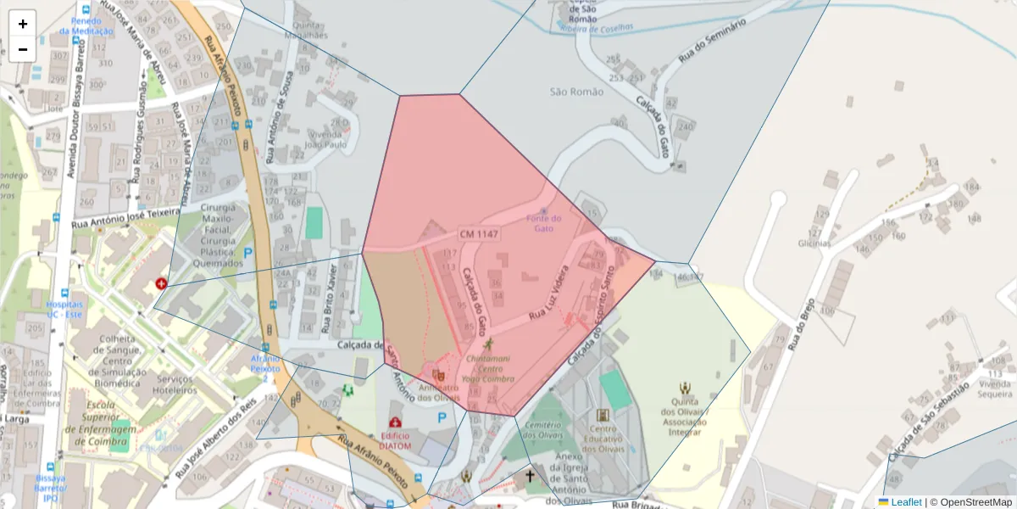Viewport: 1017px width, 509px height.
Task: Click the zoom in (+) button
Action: (x=23, y=24)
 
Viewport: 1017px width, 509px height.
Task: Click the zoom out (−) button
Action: (x=23, y=49)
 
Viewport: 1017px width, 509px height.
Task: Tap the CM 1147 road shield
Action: (x=479, y=233)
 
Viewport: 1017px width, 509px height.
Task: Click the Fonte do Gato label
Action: (x=544, y=223)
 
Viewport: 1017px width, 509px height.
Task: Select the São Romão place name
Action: (x=576, y=92)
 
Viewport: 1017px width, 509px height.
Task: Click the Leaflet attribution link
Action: (x=906, y=502)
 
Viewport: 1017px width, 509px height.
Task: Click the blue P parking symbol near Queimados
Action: (x=248, y=252)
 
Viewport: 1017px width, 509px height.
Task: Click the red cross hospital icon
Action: (x=161, y=283)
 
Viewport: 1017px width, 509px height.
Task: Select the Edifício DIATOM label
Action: (x=394, y=440)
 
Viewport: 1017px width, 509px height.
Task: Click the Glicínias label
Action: (x=814, y=243)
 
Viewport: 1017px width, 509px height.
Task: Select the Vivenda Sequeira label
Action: (x=995, y=389)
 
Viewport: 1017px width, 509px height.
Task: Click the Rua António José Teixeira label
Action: (x=127, y=218)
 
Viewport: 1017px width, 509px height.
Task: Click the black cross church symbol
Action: (x=531, y=476)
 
